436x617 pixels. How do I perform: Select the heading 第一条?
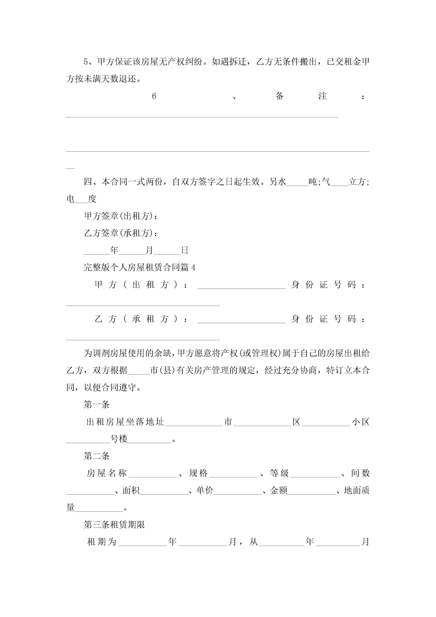tap(97, 404)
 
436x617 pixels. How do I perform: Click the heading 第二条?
tap(97, 456)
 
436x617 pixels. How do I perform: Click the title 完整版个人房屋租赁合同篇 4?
tap(139, 267)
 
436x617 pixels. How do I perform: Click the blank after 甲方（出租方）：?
tap(242, 286)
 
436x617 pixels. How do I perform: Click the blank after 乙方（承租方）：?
tap(242, 320)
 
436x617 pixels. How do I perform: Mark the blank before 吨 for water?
tap(297, 183)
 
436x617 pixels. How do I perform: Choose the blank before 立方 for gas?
tap(339, 183)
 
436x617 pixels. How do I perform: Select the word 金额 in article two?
tap(279, 490)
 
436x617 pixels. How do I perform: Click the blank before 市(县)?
tap(139, 371)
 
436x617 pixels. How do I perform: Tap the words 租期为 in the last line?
tap(102, 542)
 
